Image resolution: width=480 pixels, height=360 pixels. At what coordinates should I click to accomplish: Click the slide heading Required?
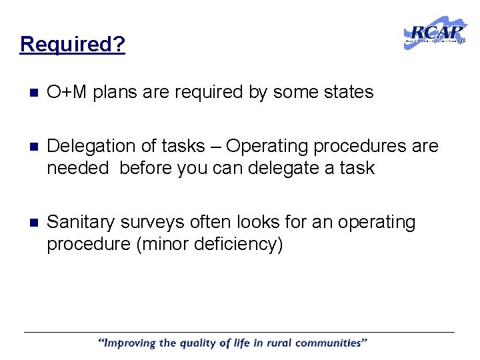pyautogui.click(x=73, y=44)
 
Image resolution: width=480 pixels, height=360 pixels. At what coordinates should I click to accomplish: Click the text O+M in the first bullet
pyautogui.click(x=67, y=92)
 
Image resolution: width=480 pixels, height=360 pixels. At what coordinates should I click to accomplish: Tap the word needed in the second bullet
pyautogui.click(x=77, y=168)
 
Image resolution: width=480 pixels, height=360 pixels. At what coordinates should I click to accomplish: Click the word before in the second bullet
pyautogui.click(x=146, y=168)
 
